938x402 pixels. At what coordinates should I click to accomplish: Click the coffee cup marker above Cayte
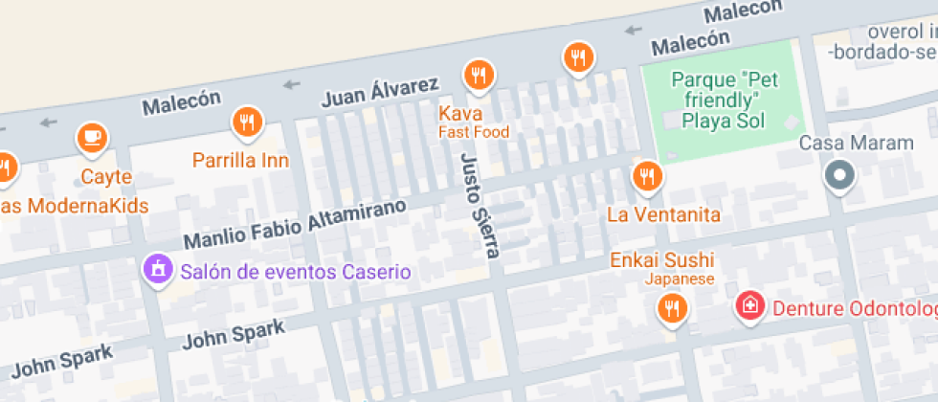[91, 137]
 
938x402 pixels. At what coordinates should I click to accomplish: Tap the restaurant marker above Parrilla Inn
[247, 121]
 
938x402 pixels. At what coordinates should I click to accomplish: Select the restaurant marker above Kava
[479, 74]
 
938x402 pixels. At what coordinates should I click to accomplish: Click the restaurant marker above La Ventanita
[647, 175]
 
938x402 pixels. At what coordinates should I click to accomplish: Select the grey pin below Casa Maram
[840, 175]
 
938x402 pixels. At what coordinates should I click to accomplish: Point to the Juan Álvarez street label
[380, 93]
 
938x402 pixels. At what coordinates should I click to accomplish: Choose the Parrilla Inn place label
[240, 160]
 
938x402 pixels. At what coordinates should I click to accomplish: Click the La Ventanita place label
[663, 214]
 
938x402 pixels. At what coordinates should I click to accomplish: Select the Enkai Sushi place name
[662, 260]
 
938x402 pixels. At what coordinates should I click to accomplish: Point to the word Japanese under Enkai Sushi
[679, 279]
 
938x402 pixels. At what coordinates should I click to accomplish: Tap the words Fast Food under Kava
[474, 132]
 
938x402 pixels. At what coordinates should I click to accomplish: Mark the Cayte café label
[105, 177]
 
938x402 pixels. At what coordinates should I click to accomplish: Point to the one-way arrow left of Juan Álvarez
[292, 86]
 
